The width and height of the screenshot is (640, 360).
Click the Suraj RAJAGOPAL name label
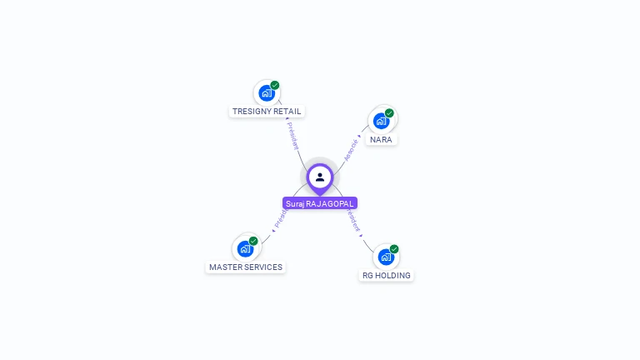320,203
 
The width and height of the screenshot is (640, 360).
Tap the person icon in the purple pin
320,177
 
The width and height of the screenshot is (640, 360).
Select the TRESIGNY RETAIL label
267,111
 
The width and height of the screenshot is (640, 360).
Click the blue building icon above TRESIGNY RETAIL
266,92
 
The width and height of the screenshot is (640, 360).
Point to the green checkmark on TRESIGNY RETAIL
275,85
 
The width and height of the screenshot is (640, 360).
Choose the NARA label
381,139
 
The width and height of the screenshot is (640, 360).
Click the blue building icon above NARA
381,121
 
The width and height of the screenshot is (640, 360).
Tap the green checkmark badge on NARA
389,113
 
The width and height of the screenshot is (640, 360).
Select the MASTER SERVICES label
246,267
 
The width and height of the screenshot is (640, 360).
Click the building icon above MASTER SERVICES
245,248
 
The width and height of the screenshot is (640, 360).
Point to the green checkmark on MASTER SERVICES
253,241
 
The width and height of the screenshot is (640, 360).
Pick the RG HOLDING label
386,275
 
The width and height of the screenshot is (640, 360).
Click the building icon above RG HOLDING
385,257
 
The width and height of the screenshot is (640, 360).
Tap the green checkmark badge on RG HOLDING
394,249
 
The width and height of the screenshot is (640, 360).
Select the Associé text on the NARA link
352,149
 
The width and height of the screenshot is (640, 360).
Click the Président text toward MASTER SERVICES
281,219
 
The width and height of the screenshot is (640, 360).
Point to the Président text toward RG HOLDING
353,219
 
